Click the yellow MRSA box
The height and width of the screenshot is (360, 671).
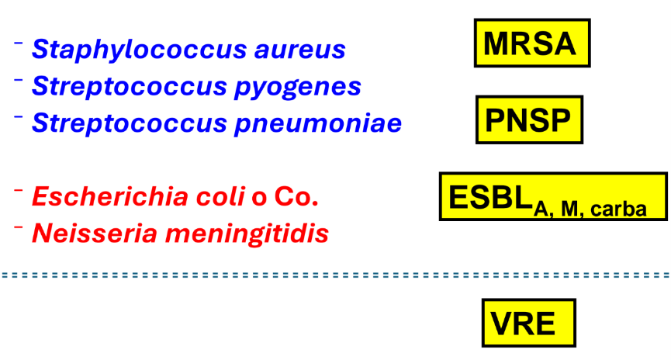(531, 43)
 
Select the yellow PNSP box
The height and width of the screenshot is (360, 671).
(528, 120)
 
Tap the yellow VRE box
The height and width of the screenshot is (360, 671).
(528, 321)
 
